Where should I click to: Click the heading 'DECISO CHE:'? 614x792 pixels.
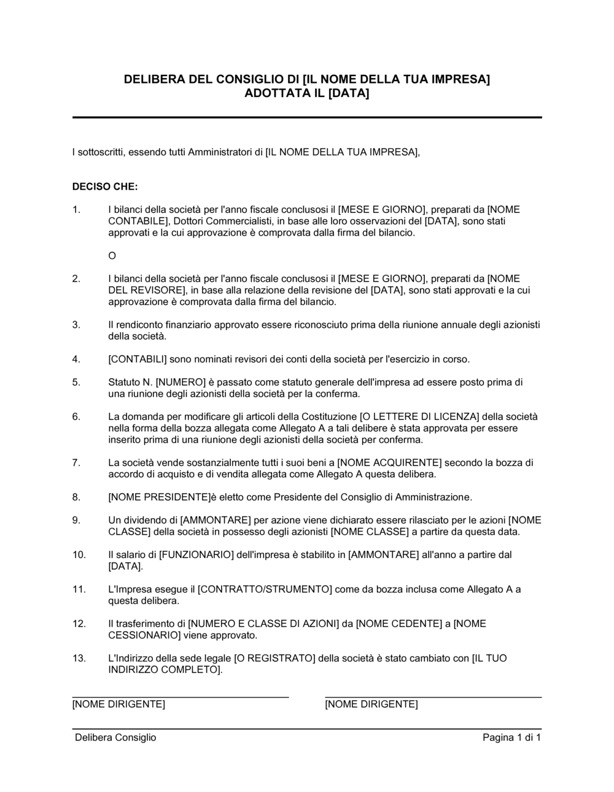[x=105, y=187]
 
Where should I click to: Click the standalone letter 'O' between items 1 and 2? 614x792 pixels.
[x=112, y=255]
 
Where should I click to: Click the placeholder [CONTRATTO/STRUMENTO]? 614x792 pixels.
[x=265, y=589]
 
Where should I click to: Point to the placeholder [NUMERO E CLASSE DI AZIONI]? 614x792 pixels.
[x=263, y=624]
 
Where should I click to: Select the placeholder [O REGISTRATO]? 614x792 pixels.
[x=274, y=658]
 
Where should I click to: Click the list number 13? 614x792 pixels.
[x=79, y=658]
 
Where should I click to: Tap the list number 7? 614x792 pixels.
[x=76, y=462]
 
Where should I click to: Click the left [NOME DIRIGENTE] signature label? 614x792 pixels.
[x=119, y=704]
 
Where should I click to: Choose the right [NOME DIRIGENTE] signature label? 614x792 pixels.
[x=371, y=704]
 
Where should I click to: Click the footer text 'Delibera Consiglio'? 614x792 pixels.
[x=115, y=737]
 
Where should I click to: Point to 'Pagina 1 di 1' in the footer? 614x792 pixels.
[x=511, y=737]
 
